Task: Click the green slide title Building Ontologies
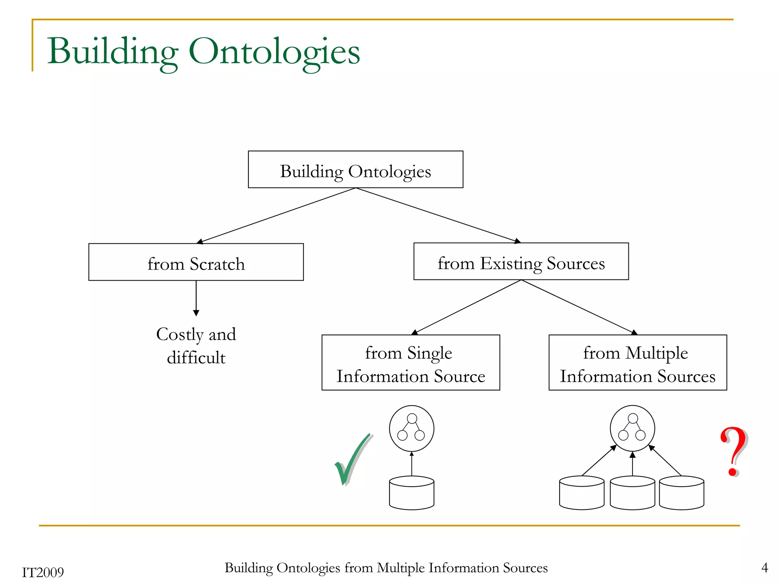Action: (203, 52)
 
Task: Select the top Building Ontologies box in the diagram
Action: (355, 170)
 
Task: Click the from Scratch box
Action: (196, 262)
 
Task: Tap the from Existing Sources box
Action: (521, 262)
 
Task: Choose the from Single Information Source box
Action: (410, 363)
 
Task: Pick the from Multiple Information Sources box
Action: (638, 363)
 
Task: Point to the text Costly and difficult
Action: (196, 346)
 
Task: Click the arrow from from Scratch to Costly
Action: (196, 298)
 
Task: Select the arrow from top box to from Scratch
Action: (276, 216)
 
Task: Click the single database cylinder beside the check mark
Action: (412, 493)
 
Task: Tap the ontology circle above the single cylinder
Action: (412, 428)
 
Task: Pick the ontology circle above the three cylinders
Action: (632, 428)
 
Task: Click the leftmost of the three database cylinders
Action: (582, 493)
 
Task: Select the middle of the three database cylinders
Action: (632, 493)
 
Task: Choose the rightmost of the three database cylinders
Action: (681, 493)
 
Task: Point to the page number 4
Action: (765, 568)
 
